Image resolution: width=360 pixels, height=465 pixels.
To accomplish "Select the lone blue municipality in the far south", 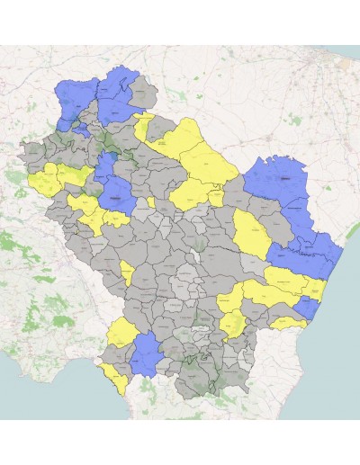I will [x=147, y=354].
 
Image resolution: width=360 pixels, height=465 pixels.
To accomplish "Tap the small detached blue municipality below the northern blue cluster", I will [x=82, y=130].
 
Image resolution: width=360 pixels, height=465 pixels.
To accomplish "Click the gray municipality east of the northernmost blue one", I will [x=143, y=91].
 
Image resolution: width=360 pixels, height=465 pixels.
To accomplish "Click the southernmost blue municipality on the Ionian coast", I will [x=307, y=309].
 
